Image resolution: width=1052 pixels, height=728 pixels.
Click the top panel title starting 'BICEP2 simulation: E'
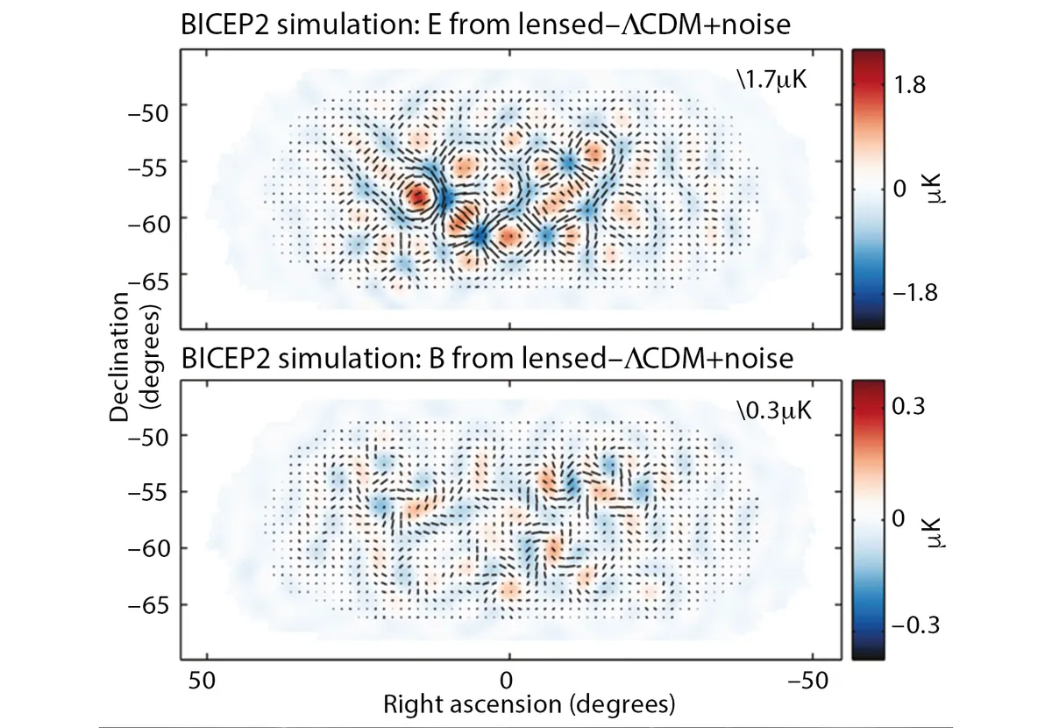coord(486,27)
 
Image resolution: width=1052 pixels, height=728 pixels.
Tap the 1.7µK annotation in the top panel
coord(771,83)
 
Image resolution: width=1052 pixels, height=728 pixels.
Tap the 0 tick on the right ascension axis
coord(507,681)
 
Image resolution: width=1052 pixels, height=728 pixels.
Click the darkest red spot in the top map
coord(418,195)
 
